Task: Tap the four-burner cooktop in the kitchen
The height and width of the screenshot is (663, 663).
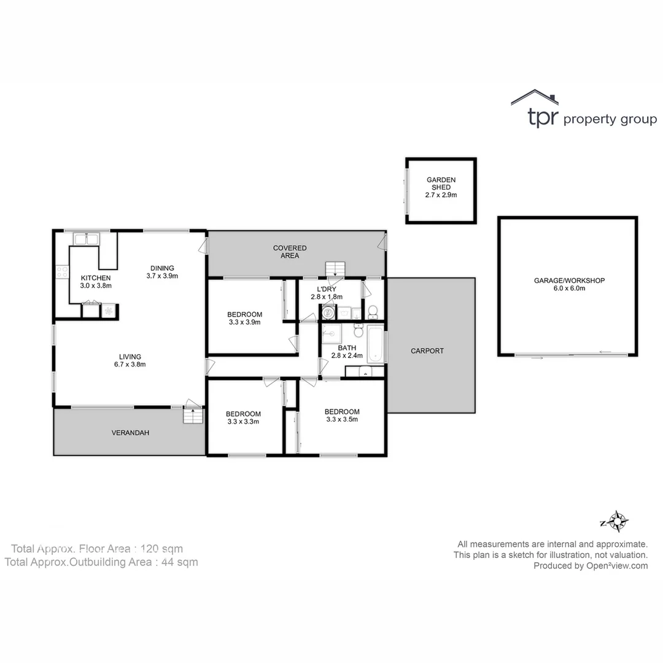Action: (62, 272)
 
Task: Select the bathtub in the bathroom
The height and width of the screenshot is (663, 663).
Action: (375, 345)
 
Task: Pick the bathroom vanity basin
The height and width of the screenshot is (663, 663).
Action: (365, 371)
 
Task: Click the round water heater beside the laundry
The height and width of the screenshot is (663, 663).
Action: (328, 312)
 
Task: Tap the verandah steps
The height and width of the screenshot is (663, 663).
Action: (193, 416)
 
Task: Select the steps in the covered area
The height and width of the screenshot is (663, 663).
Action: (336, 268)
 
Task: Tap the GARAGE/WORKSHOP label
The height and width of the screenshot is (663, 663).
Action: (569, 281)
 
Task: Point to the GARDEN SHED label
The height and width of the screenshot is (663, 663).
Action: (441, 184)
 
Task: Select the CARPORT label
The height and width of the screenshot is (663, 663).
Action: (427, 351)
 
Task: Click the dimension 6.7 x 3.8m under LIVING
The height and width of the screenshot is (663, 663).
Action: (130, 364)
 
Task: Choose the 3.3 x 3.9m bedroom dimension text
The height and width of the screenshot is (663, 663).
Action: (244, 322)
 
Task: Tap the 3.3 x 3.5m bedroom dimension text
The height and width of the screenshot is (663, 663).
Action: (342, 420)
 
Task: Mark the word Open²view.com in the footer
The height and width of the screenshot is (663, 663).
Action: (616, 566)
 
